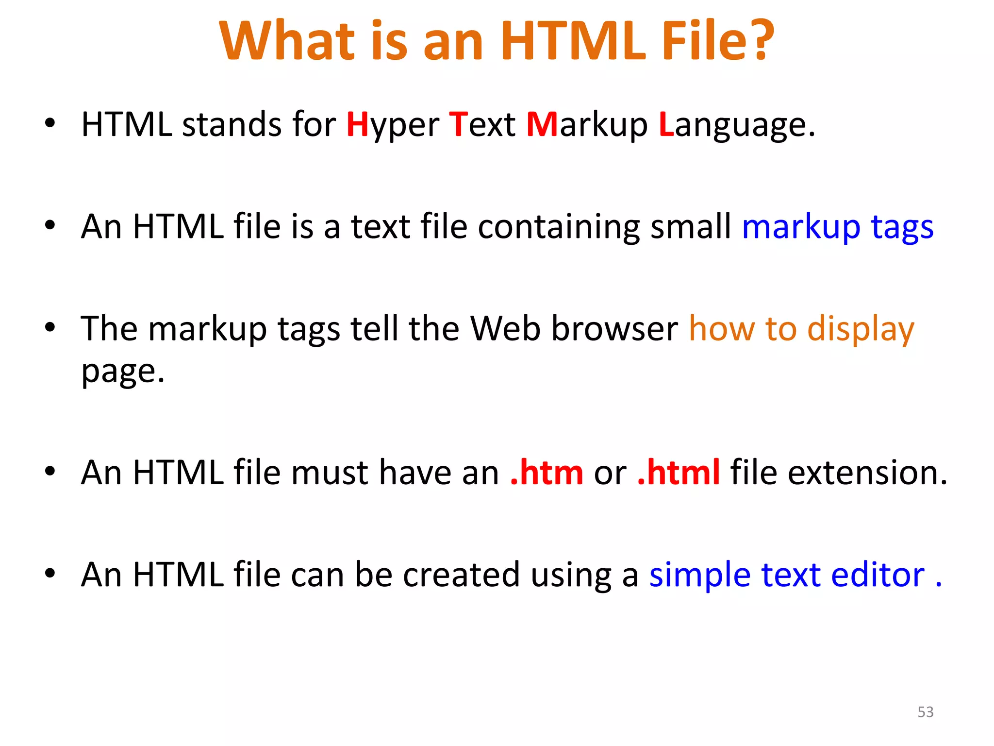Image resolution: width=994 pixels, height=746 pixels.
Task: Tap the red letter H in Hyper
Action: (x=358, y=124)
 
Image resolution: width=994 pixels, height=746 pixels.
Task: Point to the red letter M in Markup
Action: (x=542, y=124)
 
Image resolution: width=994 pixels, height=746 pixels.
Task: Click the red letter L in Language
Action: (x=666, y=124)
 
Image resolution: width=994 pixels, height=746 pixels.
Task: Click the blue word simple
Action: (x=699, y=576)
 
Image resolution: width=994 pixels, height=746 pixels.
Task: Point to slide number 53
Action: (x=926, y=712)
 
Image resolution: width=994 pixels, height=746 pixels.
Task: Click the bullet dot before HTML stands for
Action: (x=50, y=123)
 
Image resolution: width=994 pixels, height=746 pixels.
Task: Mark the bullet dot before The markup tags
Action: (x=50, y=327)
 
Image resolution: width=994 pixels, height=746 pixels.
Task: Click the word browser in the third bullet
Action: (x=615, y=329)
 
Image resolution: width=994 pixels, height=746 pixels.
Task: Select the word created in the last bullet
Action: (x=461, y=575)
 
